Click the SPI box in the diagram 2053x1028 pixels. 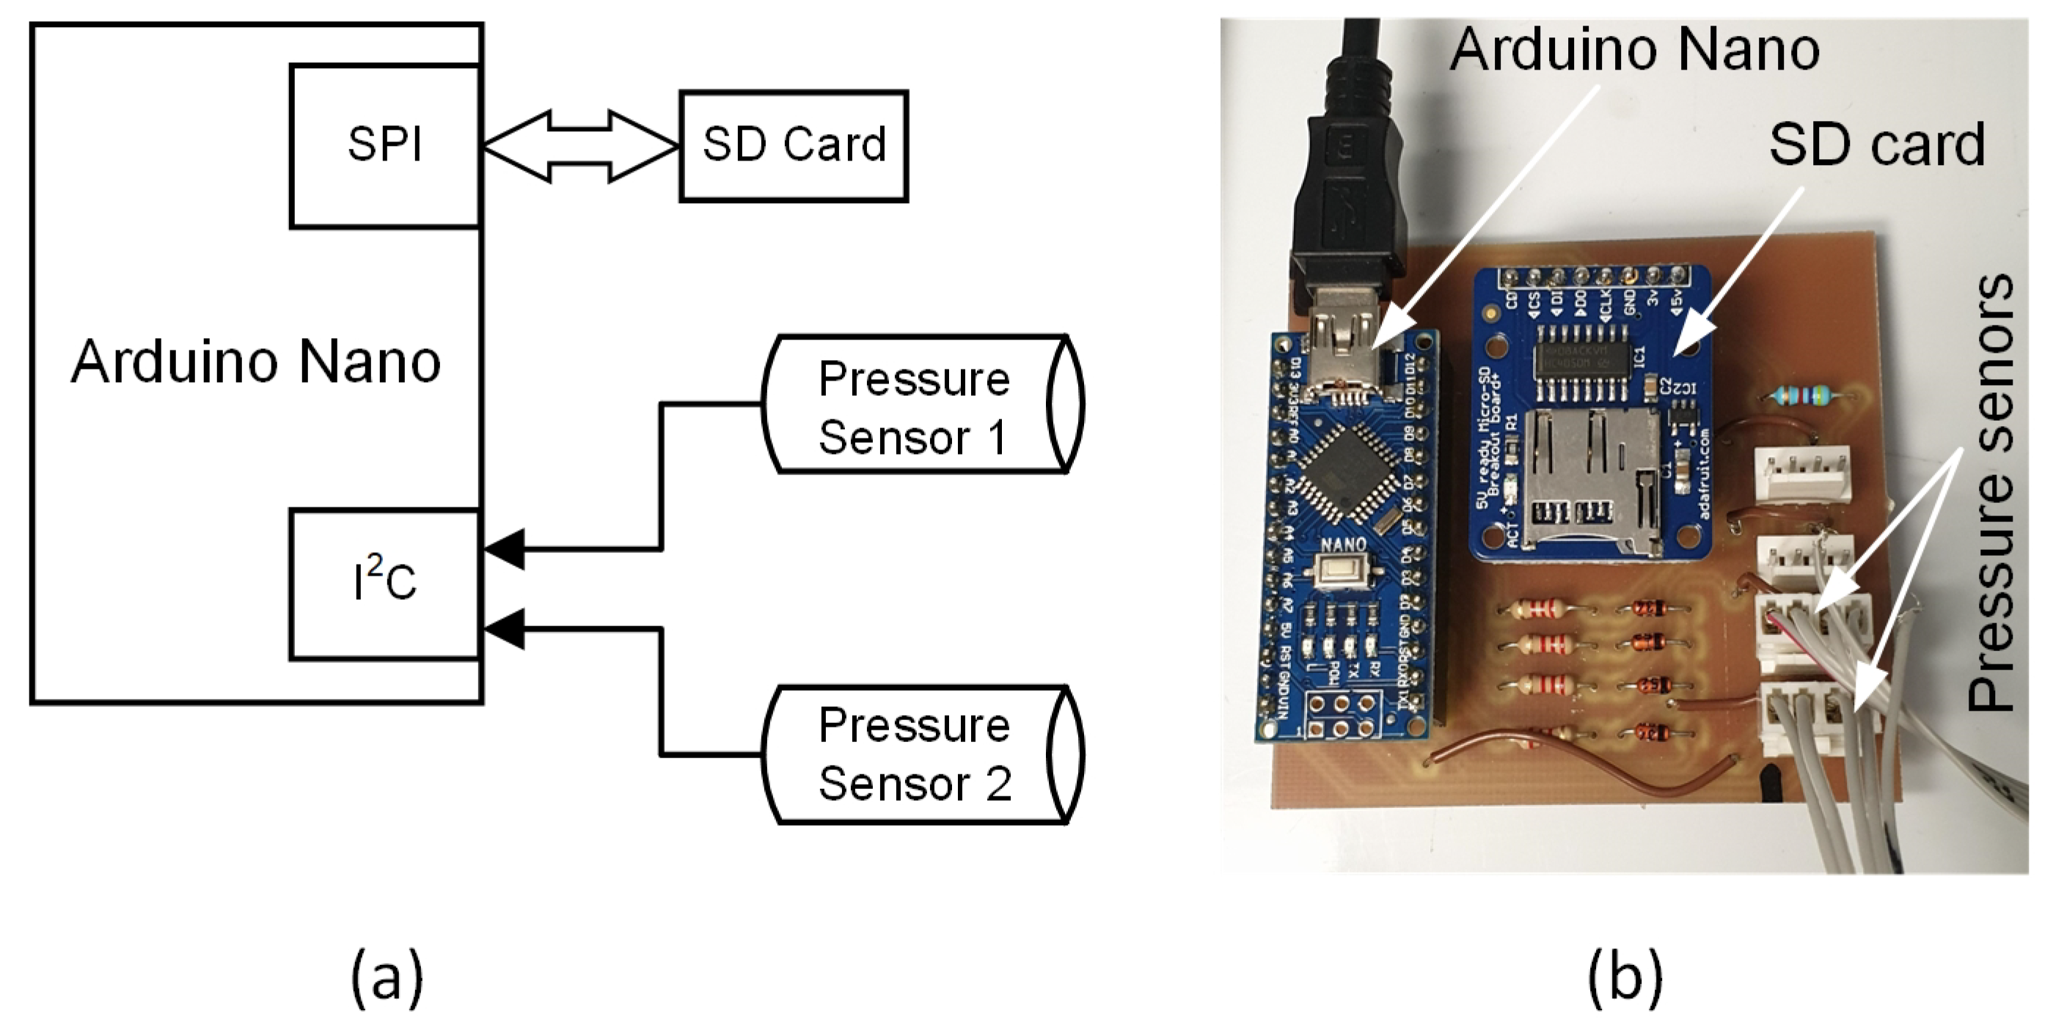tap(385, 146)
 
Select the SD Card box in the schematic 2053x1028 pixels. tap(793, 146)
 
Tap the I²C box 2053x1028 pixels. tap(385, 584)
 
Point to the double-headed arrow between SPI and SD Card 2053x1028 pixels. tap(580, 146)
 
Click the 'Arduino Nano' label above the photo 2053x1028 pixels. tap(1633, 49)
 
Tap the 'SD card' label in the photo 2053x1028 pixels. tap(1876, 145)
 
